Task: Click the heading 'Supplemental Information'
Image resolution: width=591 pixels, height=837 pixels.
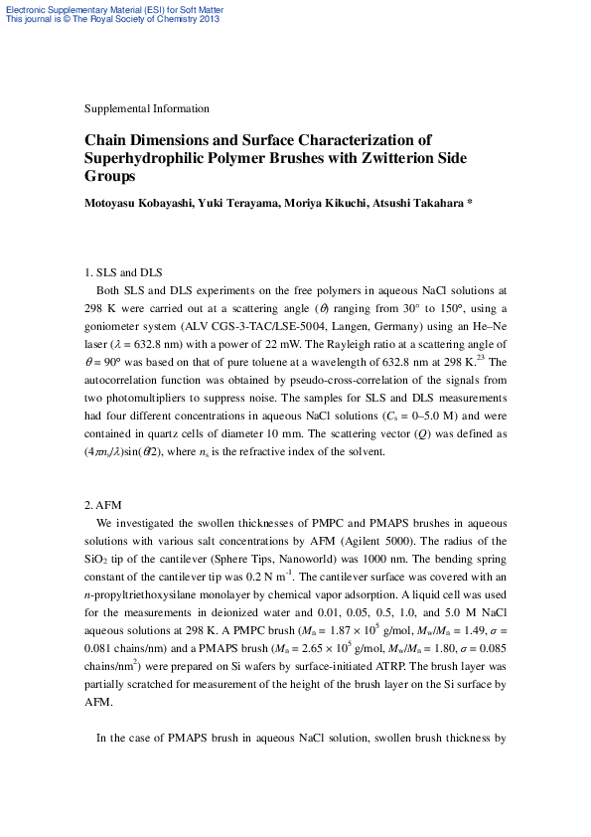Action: click(147, 108)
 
